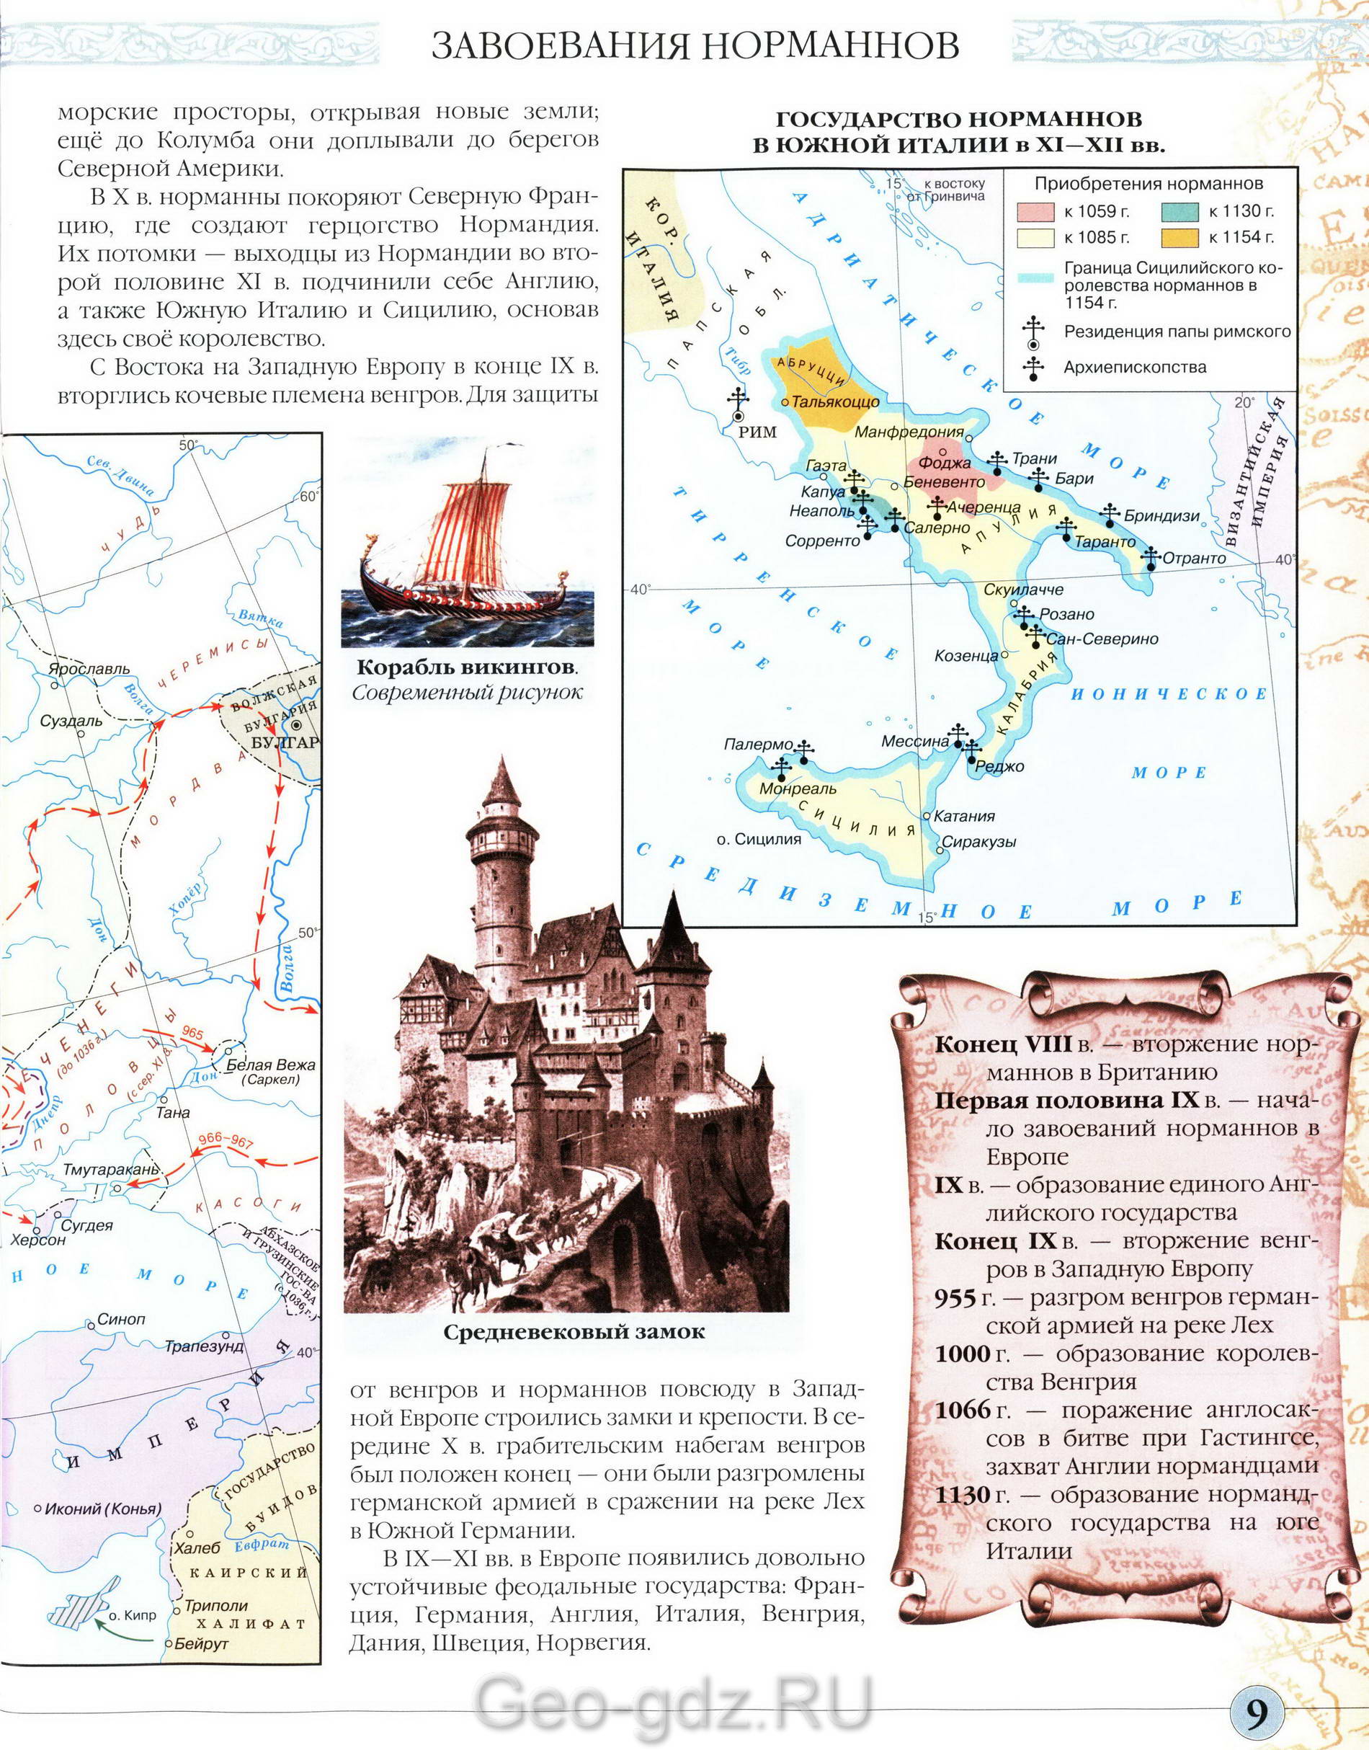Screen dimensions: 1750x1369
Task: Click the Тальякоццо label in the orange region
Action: coord(835,401)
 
